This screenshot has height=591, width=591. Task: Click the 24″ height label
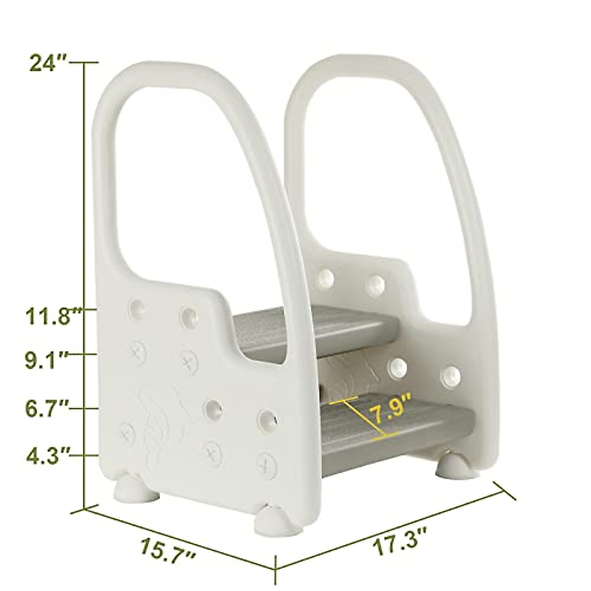click(x=48, y=63)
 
